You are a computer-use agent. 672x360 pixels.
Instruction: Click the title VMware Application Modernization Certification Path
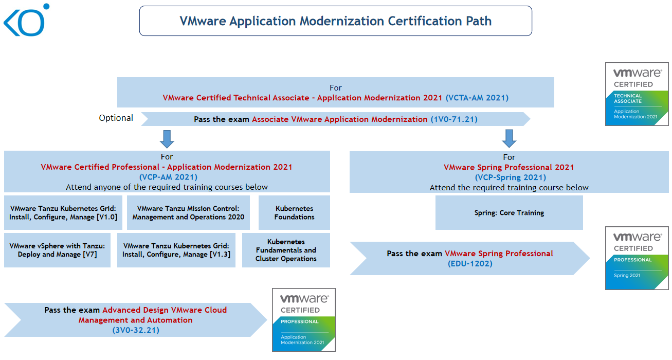tap(335, 21)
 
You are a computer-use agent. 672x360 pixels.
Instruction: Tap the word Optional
tap(116, 118)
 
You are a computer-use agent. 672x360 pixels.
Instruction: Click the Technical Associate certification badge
tap(637, 94)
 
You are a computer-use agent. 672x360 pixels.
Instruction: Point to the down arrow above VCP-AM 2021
tap(167, 139)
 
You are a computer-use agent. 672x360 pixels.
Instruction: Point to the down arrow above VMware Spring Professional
tap(509, 138)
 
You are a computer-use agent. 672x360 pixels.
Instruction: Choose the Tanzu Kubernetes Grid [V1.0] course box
tap(63, 213)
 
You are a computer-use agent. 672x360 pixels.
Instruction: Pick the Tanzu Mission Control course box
tap(188, 213)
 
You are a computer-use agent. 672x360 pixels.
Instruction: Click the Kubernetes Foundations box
tap(294, 213)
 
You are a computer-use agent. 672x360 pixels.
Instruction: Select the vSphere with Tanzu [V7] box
tap(57, 250)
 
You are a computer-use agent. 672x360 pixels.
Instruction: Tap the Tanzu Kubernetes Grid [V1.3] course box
tap(176, 250)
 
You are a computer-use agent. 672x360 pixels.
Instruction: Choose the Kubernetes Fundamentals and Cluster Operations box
tap(286, 250)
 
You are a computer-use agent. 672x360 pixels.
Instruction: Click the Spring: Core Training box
tap(509, 213)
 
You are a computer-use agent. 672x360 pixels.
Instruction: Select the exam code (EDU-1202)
tap(470, 263)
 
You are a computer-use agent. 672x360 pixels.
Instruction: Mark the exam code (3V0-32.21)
tap(136, 330)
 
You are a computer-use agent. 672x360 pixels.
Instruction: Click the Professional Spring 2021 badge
tap(637, 258)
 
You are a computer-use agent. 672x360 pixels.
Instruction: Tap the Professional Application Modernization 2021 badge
tap(304, 320)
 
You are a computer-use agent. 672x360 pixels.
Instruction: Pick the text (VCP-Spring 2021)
tap(509, 177)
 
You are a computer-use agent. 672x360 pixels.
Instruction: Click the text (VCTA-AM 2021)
tap(477, 98)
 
